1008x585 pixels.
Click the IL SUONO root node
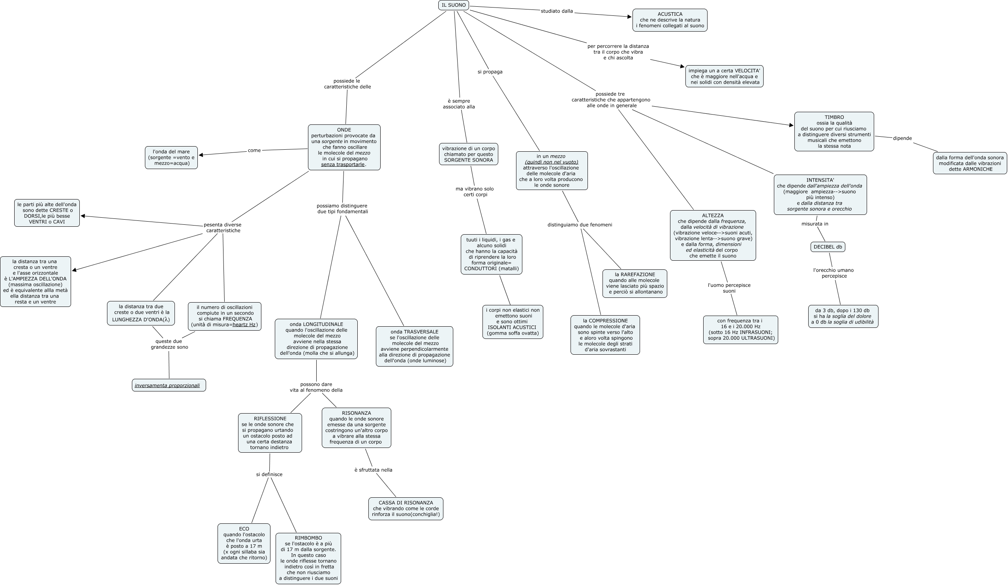(454, 5)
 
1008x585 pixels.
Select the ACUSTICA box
(670, 20)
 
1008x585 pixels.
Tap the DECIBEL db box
(828, 247)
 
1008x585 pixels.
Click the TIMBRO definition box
(834, 132)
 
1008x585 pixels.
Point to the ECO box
(244, 544)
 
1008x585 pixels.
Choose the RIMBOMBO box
(308, 558)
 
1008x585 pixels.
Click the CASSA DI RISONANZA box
(405, 509)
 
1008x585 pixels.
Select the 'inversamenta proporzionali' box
(169, 386)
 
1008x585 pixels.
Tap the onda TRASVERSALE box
(415, 346)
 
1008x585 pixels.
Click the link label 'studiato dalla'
(557, 11)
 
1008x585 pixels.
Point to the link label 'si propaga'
(490, 72)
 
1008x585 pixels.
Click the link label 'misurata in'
(815, 224)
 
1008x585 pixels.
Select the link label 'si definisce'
(269, 474)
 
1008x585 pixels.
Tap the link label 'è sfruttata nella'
(373, 470)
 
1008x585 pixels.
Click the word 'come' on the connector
(254, 150)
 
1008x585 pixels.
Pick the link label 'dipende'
(903, 138)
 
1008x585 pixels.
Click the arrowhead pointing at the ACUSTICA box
(629, 17)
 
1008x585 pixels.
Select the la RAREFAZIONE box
(635, 283)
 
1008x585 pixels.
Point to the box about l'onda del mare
(171, 158)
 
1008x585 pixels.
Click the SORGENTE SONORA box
(468, 154)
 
